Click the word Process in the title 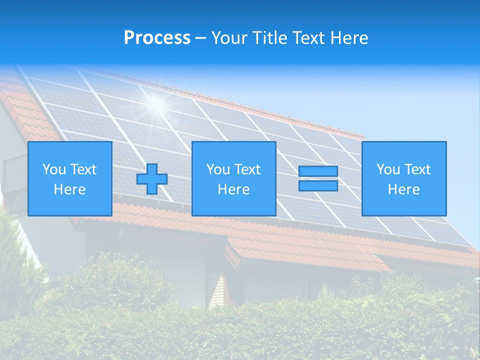point(157,38)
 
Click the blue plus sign point(152,179)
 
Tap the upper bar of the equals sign point(318,171)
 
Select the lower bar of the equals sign point(318,185)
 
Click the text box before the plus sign point(70,178)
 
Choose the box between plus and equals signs point(233,178)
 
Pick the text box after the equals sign point(403,178)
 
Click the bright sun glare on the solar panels point(156,103)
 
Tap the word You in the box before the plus point(54,169)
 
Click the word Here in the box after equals point(403,189)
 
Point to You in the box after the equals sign point(388,169)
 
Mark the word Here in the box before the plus point(70,189)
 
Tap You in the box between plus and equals point(218,169)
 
